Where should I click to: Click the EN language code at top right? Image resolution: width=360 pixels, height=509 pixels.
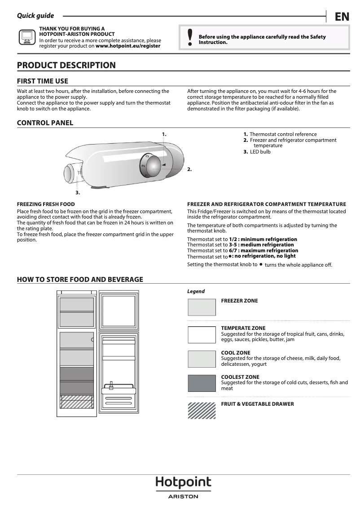pos(342,17)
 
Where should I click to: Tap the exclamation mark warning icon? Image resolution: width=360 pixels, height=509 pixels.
pos(190,39)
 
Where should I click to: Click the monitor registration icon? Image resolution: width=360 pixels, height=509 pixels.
pos(27,37)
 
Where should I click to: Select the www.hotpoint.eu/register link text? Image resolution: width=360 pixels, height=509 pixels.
pos(128,46)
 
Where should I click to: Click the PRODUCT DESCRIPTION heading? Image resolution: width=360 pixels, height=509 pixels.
pos(66,66)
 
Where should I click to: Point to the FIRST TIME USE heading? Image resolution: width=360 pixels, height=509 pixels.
pos(43,81)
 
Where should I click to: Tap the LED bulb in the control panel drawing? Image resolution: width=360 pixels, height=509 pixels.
pos(70,173)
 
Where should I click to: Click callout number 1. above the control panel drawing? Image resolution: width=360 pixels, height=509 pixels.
pos(164,134)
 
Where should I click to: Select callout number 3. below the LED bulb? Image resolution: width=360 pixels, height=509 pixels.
pos(78,192)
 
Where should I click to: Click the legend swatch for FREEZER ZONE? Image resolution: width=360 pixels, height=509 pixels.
pos(202,307)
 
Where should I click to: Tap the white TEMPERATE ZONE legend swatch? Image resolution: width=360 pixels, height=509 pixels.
pos(202,335)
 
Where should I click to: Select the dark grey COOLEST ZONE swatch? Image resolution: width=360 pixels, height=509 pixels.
pos(202,383)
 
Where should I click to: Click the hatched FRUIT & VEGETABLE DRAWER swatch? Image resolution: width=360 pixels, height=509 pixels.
pos(202,410)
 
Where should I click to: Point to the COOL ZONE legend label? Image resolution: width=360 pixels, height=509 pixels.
pos(236,353)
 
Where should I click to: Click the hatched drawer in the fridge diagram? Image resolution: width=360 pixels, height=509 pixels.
pos(77,401)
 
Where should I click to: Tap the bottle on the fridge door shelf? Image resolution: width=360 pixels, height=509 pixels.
pos(111,385)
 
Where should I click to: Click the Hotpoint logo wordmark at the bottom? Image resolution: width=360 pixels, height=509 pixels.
pos(183,483)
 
